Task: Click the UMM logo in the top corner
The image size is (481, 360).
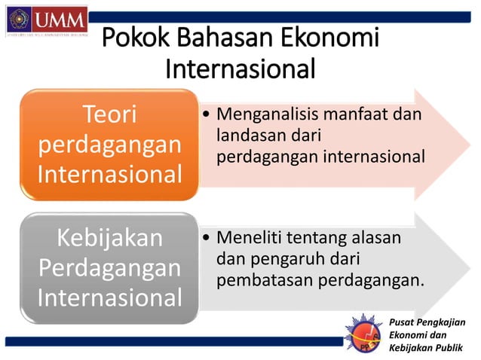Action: coord(45,20)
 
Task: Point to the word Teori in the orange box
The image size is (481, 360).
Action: coord(110,115)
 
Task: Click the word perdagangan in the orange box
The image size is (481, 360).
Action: coord(110,145)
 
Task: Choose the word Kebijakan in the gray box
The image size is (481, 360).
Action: coord(110,239)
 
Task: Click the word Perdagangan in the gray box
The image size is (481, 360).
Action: coord(110,267)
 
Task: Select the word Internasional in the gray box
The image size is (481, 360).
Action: coord(110,297)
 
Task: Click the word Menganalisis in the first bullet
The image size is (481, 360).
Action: coord(262,115)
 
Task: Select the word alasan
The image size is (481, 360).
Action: coord(376,239)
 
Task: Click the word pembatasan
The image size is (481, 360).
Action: coord(265,282)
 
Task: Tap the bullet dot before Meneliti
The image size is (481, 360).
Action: coord(207,239)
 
